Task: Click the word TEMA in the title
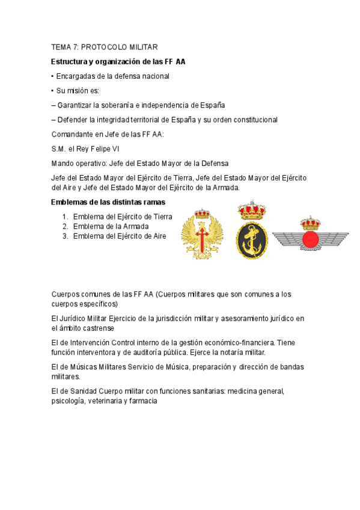(61, 47)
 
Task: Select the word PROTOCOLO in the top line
(103, 47)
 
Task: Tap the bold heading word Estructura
(70, 61)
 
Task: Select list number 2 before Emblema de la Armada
(65, 226)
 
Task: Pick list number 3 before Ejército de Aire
(65, 236)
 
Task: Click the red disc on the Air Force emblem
(310, 239)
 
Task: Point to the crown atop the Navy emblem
(252, 210)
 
